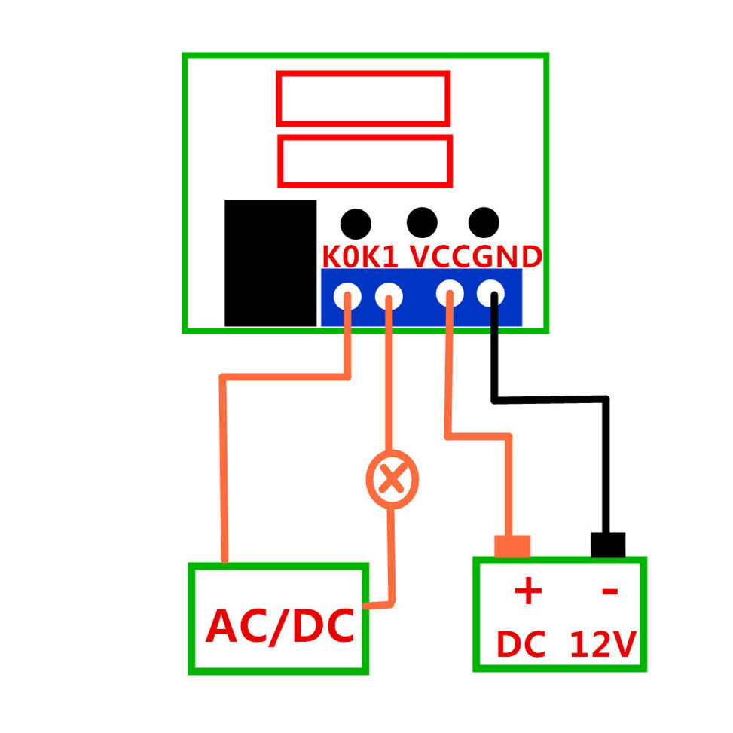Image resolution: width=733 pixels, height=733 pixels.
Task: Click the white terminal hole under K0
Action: coord(348,295)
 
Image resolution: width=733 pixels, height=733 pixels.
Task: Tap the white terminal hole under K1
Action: coord(389,295)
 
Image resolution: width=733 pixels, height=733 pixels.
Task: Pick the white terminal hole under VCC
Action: coord(450,294)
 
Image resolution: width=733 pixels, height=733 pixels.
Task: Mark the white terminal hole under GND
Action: coord(491,292)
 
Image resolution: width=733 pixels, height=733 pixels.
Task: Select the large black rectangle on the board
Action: coord(270,263)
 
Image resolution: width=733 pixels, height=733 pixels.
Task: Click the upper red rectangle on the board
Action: coord(363,98)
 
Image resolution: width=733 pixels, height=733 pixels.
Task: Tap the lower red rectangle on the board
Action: coord(365,160)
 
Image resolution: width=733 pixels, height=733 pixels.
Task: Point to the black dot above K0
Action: coord(356,224)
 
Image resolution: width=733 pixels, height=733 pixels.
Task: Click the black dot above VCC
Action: coord(422,221)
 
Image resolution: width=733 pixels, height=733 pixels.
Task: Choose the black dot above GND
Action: coord(484,221)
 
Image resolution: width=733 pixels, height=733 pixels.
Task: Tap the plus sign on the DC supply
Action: coord(528,591)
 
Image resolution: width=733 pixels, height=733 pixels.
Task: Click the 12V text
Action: coord(603,646)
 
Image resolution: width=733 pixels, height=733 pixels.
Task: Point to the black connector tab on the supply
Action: coord(608,545)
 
